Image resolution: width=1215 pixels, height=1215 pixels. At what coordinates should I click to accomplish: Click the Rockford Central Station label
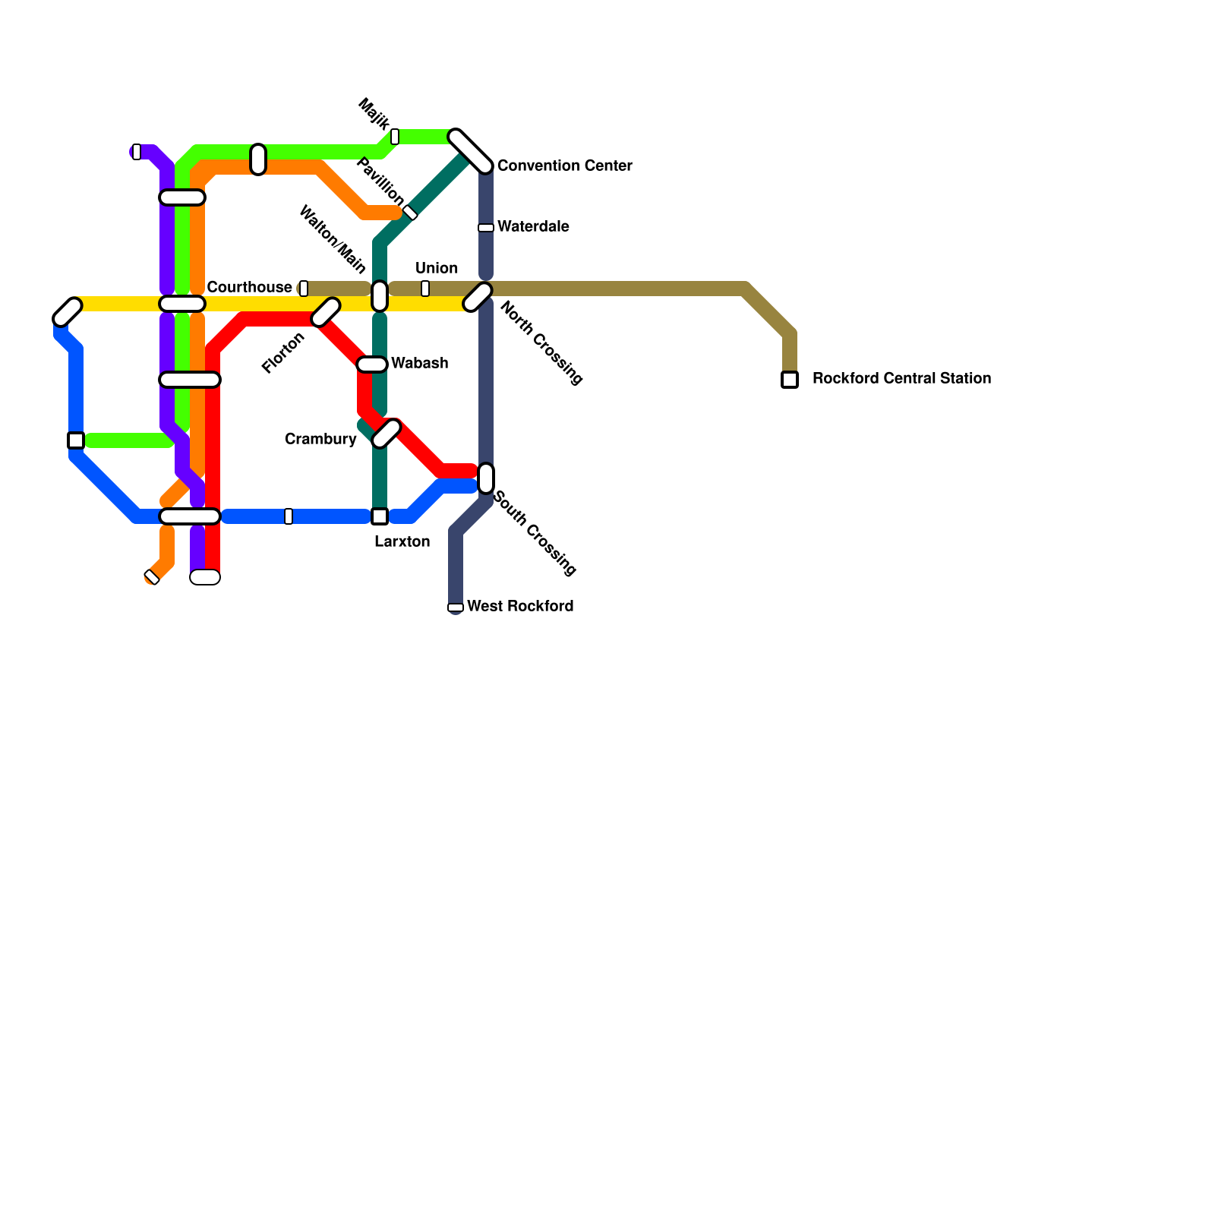901,378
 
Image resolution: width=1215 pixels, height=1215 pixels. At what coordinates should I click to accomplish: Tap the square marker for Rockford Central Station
790,380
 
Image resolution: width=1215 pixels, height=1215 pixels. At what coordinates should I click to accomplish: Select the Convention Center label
564,166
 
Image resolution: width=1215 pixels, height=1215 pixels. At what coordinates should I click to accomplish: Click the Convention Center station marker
471,151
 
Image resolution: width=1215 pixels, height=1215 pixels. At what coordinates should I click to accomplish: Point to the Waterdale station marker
486,228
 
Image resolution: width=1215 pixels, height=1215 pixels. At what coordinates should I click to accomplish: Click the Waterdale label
533,226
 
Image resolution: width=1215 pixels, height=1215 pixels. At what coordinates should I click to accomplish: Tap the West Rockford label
520,606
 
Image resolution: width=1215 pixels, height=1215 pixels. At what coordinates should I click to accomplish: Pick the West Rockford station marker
456,607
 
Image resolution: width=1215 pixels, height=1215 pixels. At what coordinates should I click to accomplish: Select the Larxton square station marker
380,516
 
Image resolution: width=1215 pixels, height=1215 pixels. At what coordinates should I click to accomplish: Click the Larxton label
402,541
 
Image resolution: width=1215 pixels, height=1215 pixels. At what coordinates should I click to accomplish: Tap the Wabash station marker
372,364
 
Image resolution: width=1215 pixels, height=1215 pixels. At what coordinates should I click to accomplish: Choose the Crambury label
320,439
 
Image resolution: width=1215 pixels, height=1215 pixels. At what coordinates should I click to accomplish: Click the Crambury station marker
387,434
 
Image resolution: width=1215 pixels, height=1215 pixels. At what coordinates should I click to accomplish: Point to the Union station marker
425,289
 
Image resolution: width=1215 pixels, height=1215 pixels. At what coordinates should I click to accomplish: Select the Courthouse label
249,287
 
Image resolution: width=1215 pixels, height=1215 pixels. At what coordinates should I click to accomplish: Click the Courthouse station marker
304,289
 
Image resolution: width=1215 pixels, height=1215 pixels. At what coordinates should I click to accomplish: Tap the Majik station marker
395,137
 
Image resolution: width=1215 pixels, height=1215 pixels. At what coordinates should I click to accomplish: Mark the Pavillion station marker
410,213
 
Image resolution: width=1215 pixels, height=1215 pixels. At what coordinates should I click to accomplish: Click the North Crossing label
541,343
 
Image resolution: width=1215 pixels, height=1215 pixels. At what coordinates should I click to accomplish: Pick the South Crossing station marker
486,478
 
